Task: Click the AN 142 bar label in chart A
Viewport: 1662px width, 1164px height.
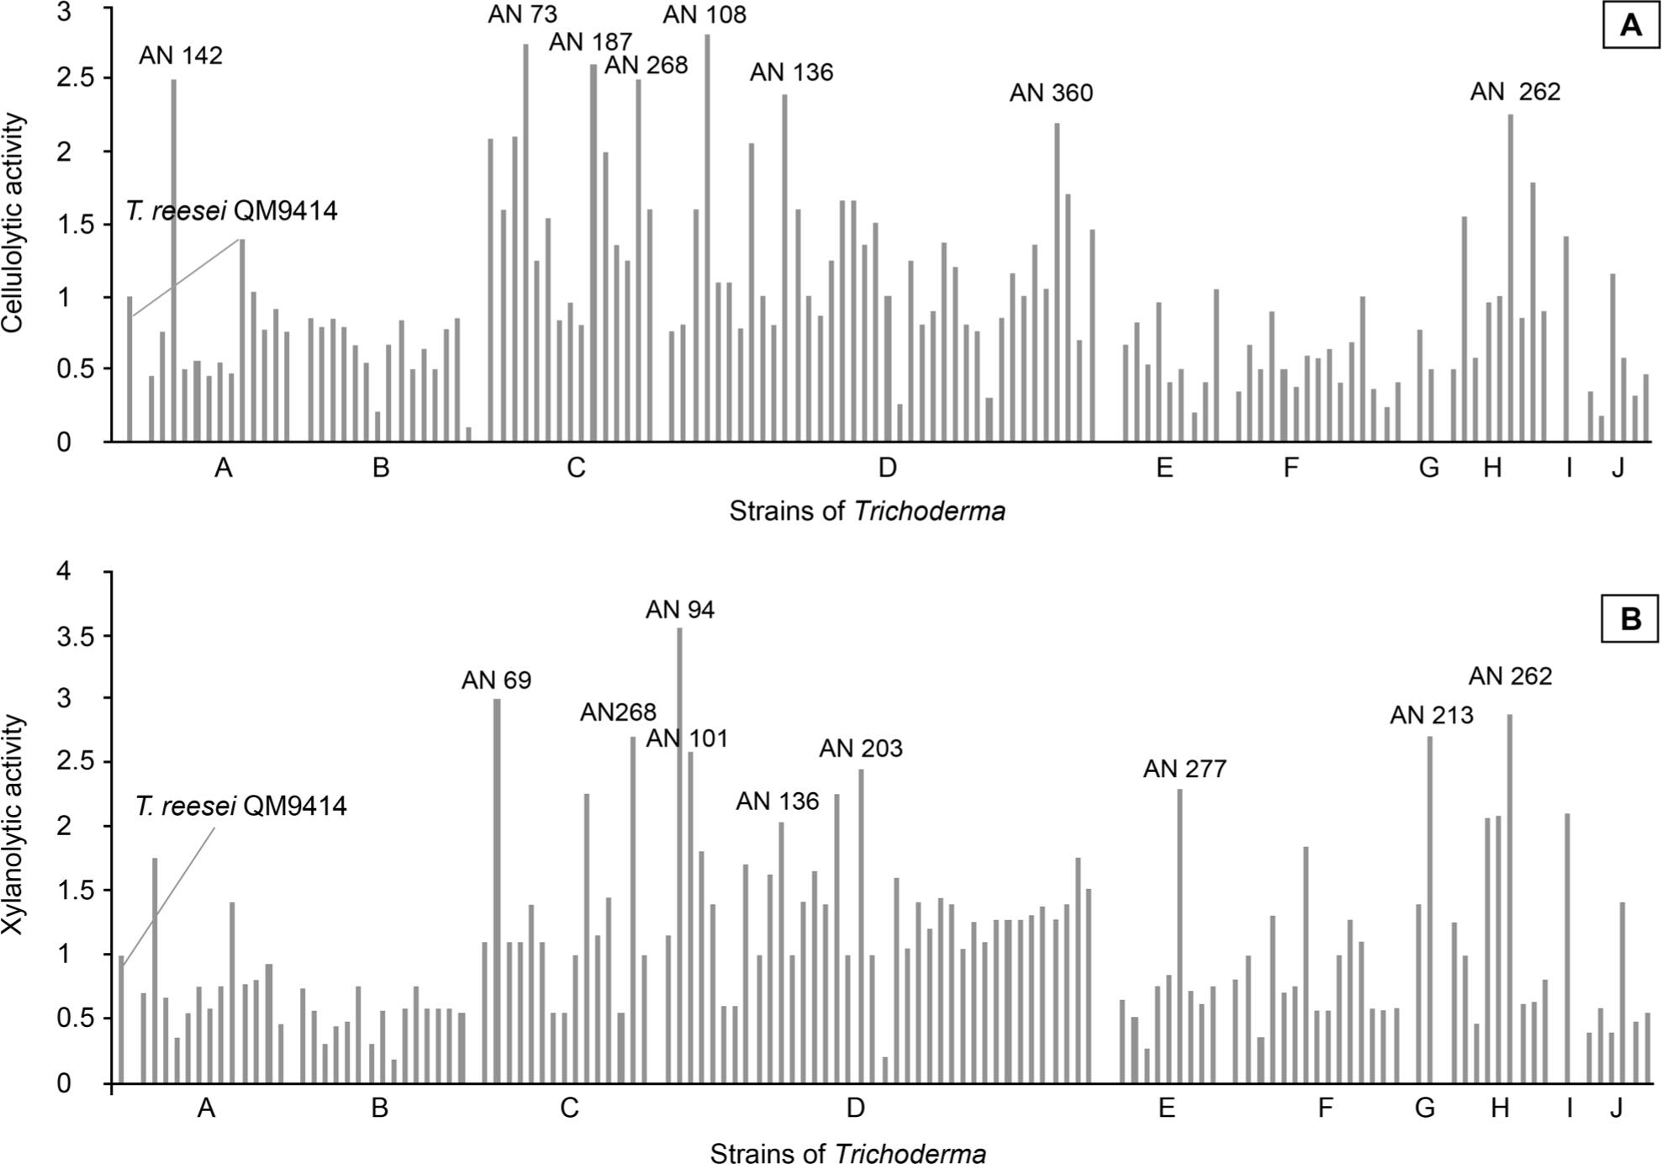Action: [181, 56]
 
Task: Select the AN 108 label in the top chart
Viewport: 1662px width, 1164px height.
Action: [704, 14]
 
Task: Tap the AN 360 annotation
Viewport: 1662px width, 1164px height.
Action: [1051, 93]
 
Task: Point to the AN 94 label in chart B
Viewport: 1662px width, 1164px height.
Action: [680, 610]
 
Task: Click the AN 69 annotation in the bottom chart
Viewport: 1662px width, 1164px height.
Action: [496, 680]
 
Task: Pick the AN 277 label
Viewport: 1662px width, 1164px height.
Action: [1185, 769]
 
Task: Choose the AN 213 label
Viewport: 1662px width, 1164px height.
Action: [1432, 715]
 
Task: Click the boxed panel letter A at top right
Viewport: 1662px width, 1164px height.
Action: [1630, 25]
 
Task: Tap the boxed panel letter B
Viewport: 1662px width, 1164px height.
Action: [1630, 619]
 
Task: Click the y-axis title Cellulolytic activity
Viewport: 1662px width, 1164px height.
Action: [13, 223]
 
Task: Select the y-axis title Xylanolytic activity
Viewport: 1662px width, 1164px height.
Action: [13, 826]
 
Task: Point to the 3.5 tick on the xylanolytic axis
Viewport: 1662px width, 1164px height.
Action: [76, 636]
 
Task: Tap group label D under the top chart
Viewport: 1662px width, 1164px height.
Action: [887, 468]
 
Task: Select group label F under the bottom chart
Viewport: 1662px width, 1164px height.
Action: [1325, 1108]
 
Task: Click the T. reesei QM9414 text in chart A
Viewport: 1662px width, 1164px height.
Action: [232, 210]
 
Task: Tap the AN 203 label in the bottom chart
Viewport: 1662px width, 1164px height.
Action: [861, 748]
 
